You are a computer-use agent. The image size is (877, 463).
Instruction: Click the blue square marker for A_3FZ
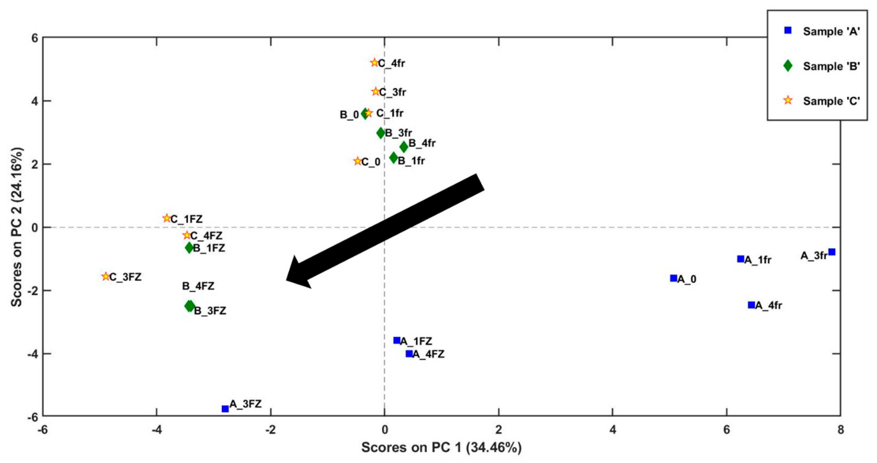(225, 408)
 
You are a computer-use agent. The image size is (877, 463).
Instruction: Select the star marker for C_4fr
(374, 63)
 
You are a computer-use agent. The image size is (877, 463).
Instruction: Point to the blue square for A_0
(673, 278)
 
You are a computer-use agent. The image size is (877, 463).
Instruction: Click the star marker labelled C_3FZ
(106, 276)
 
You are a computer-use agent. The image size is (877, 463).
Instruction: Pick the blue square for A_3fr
(832, 252)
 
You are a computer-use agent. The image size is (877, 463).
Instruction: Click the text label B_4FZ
(198, 286)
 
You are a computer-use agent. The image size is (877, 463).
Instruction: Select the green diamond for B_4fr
(404, 147)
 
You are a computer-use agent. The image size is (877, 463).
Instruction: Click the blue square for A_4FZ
(409, 354)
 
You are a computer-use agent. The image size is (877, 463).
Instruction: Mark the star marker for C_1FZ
(166, 218)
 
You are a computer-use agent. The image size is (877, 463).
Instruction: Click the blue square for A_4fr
(751, 305)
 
